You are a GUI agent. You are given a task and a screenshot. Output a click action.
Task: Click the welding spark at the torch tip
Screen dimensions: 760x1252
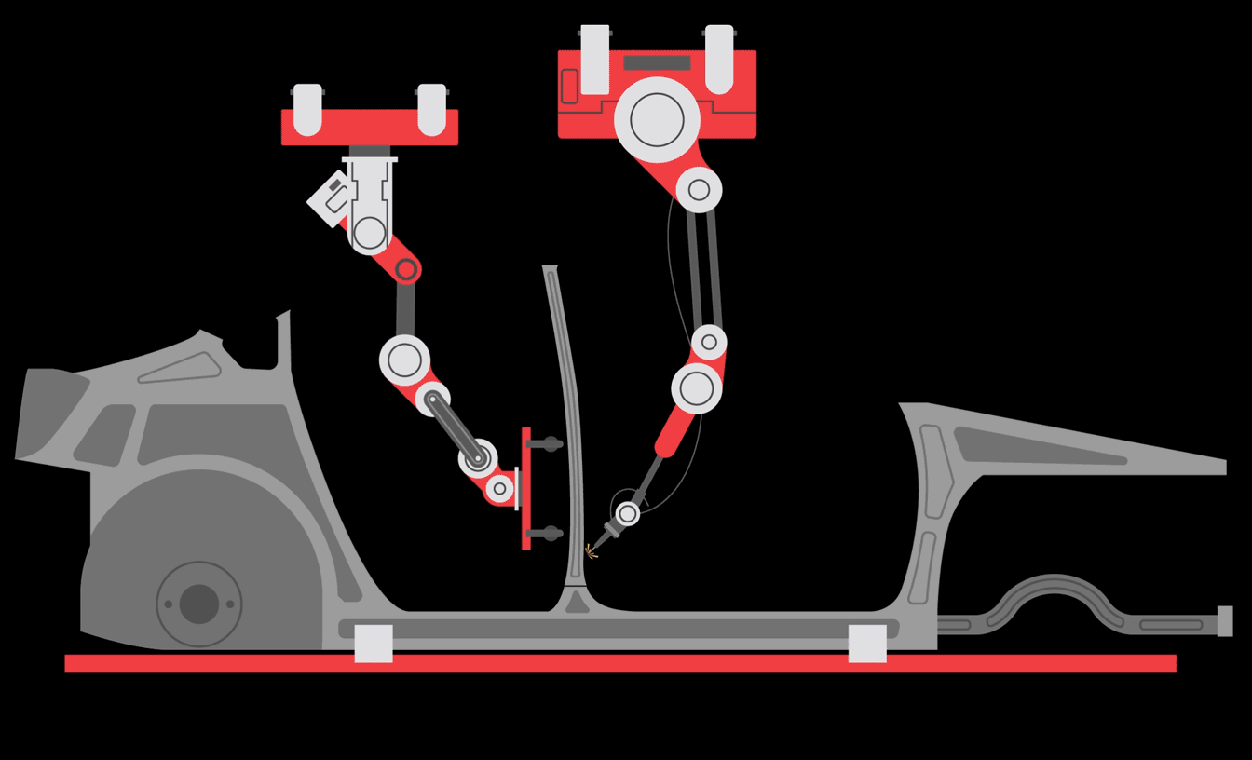(x=590, y=552)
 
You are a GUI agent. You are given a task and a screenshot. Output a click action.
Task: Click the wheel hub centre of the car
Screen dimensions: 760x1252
(x=198, y=604)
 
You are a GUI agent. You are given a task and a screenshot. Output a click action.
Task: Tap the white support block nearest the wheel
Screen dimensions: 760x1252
(x=374, y=644)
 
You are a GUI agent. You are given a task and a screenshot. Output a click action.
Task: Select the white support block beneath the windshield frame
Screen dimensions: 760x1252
(x=867, y=644)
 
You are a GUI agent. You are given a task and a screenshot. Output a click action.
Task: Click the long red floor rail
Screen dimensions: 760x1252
(x=619, y=663)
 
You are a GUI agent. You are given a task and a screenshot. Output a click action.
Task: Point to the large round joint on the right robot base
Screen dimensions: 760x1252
(x=657, y=119)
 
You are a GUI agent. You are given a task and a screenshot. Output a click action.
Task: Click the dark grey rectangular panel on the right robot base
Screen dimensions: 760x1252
(x=657, y=62)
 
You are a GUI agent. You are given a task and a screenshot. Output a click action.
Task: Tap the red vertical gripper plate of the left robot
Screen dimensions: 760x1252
(x=525, y=489)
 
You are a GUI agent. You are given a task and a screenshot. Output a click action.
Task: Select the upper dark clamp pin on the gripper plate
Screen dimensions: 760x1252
(x=548, y=444)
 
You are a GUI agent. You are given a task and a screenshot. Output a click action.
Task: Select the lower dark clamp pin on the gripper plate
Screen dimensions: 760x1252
(x=548, y=534)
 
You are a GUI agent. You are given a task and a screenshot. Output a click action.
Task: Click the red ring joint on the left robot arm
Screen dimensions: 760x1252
(x=406, y=270)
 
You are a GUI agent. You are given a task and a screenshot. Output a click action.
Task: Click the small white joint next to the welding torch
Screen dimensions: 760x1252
(x=628, y=513)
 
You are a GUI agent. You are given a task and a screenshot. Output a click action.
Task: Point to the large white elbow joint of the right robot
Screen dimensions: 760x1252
(x=697, y=388)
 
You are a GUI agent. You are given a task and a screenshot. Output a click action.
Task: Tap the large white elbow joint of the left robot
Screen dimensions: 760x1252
(x=404, y=360)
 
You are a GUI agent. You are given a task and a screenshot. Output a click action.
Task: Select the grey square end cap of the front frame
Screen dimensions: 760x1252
(x=1225, y=621)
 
